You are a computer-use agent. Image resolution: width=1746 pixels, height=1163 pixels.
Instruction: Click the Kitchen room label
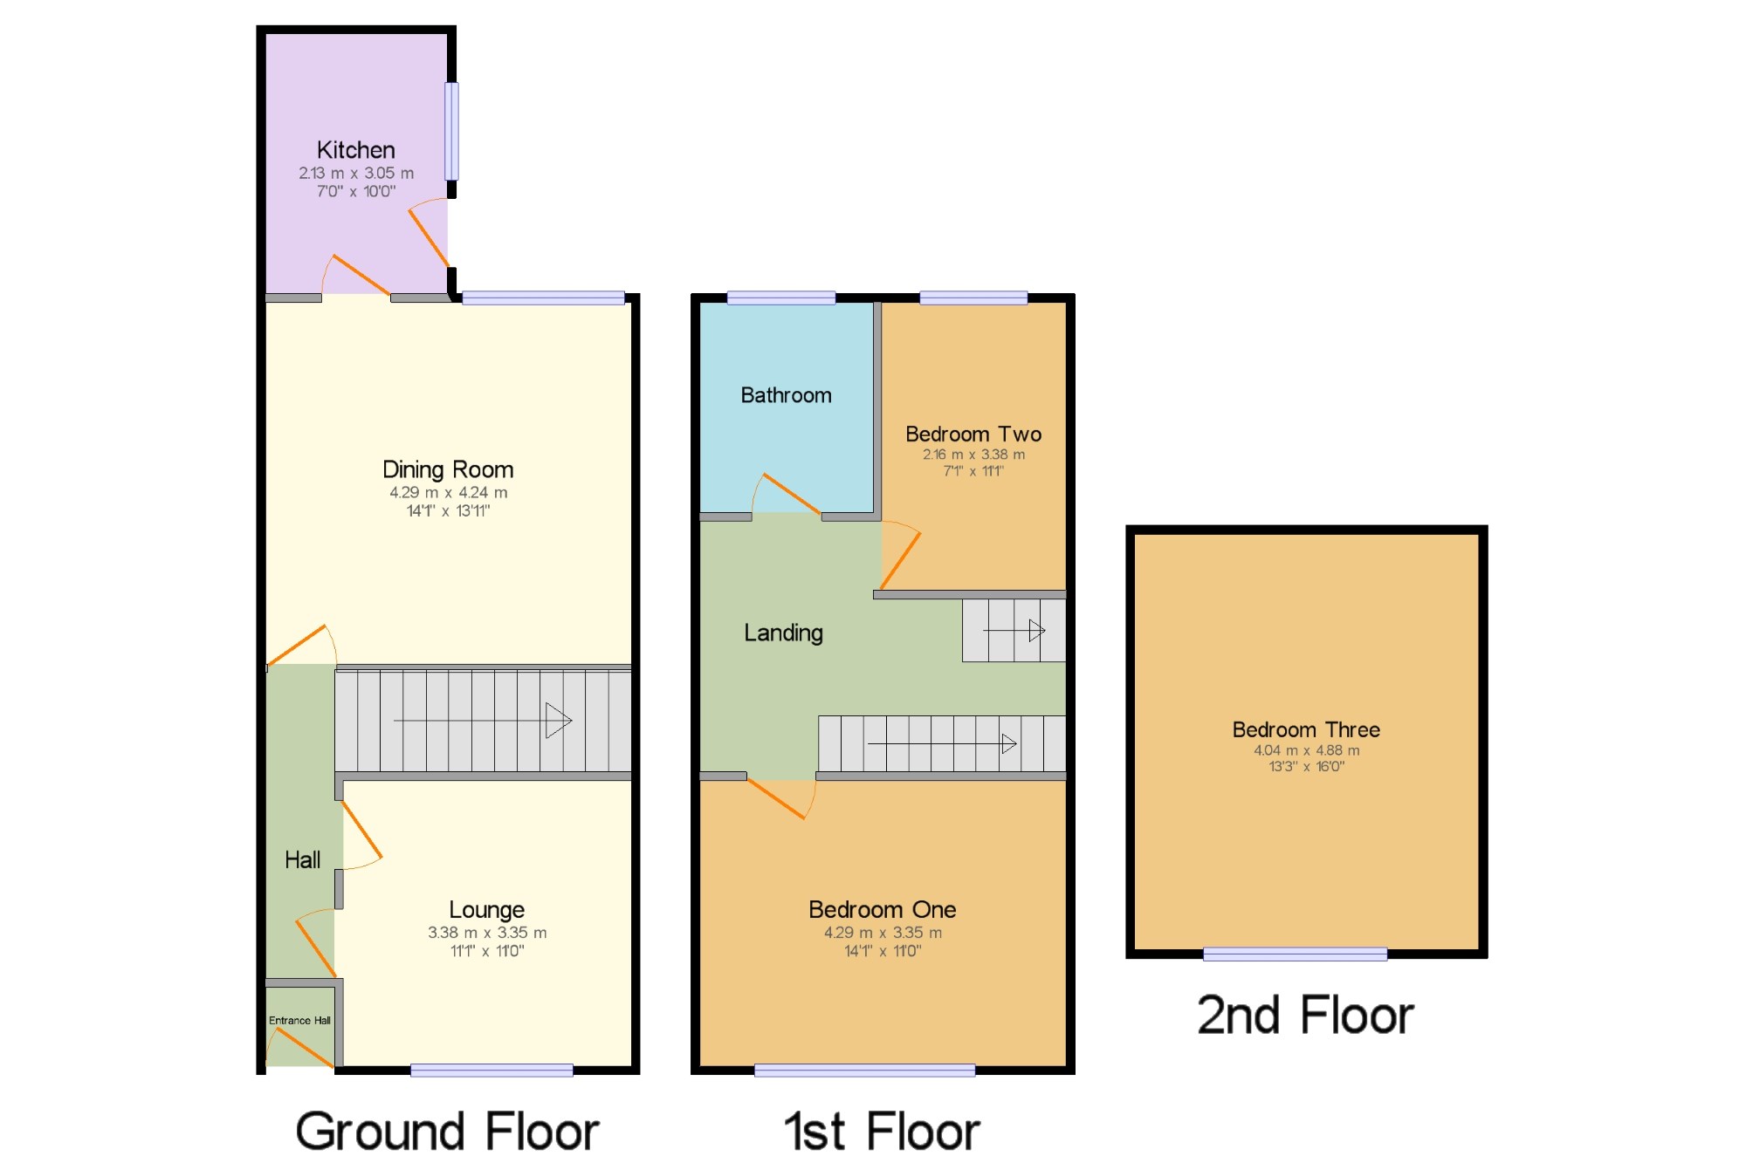(355, 150)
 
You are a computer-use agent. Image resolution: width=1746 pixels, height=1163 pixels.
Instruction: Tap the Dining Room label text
(448, 469)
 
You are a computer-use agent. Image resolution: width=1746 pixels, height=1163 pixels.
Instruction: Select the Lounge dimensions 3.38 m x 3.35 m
(487, 933)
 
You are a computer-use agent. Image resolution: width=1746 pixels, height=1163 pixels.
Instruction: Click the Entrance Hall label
(299, 1020)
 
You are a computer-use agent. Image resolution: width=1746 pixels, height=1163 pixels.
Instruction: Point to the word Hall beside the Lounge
(302, 860)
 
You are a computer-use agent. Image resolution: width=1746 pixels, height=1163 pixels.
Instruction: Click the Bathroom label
(786, 395)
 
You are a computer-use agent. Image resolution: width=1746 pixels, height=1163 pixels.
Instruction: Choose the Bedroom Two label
(973, 434)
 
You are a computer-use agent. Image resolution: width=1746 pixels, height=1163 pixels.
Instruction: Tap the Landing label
(783, 633)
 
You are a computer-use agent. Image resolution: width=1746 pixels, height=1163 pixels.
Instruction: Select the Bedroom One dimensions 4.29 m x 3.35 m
(883, 933)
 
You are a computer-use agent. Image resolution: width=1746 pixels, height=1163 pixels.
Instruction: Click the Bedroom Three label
(1306, 729)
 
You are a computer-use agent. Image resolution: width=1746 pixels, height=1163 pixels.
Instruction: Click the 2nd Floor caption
(1305, 1015)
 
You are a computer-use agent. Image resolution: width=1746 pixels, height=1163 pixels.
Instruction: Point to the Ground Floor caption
(447, 1131)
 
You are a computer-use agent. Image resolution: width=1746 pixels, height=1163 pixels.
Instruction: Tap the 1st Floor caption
(882, 1131)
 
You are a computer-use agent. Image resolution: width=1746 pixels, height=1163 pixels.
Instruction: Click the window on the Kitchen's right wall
(451, 131)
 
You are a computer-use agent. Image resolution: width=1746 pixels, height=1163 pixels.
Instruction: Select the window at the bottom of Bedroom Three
(1295, 954)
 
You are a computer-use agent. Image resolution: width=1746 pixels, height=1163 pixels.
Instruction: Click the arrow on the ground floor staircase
(483, 721)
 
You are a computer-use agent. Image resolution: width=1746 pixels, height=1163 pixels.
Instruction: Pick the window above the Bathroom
(781, 298)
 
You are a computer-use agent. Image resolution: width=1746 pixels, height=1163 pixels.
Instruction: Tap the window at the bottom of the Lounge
(491, 1071)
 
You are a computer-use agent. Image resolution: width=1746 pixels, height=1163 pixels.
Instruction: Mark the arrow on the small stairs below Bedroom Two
(1014, 630)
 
